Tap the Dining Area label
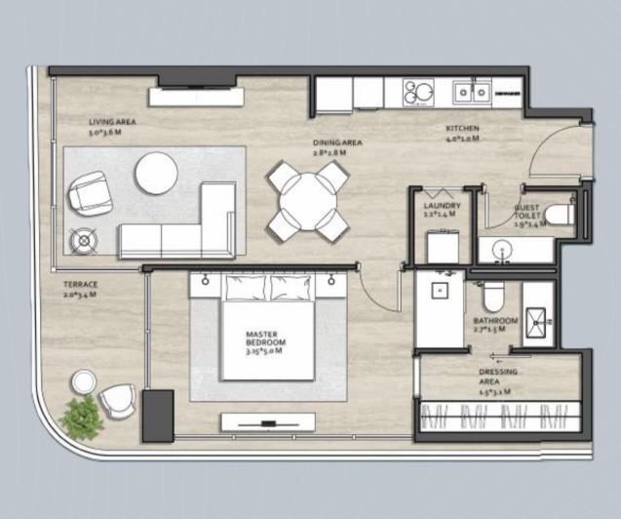337,147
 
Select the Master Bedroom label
264,341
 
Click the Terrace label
81,289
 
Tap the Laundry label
442,210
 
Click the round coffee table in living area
157,174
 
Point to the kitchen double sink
470,93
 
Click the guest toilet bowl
559,214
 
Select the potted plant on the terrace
80,416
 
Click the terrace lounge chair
118,401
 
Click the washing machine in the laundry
444,244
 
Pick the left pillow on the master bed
245,287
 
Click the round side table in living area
82,239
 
